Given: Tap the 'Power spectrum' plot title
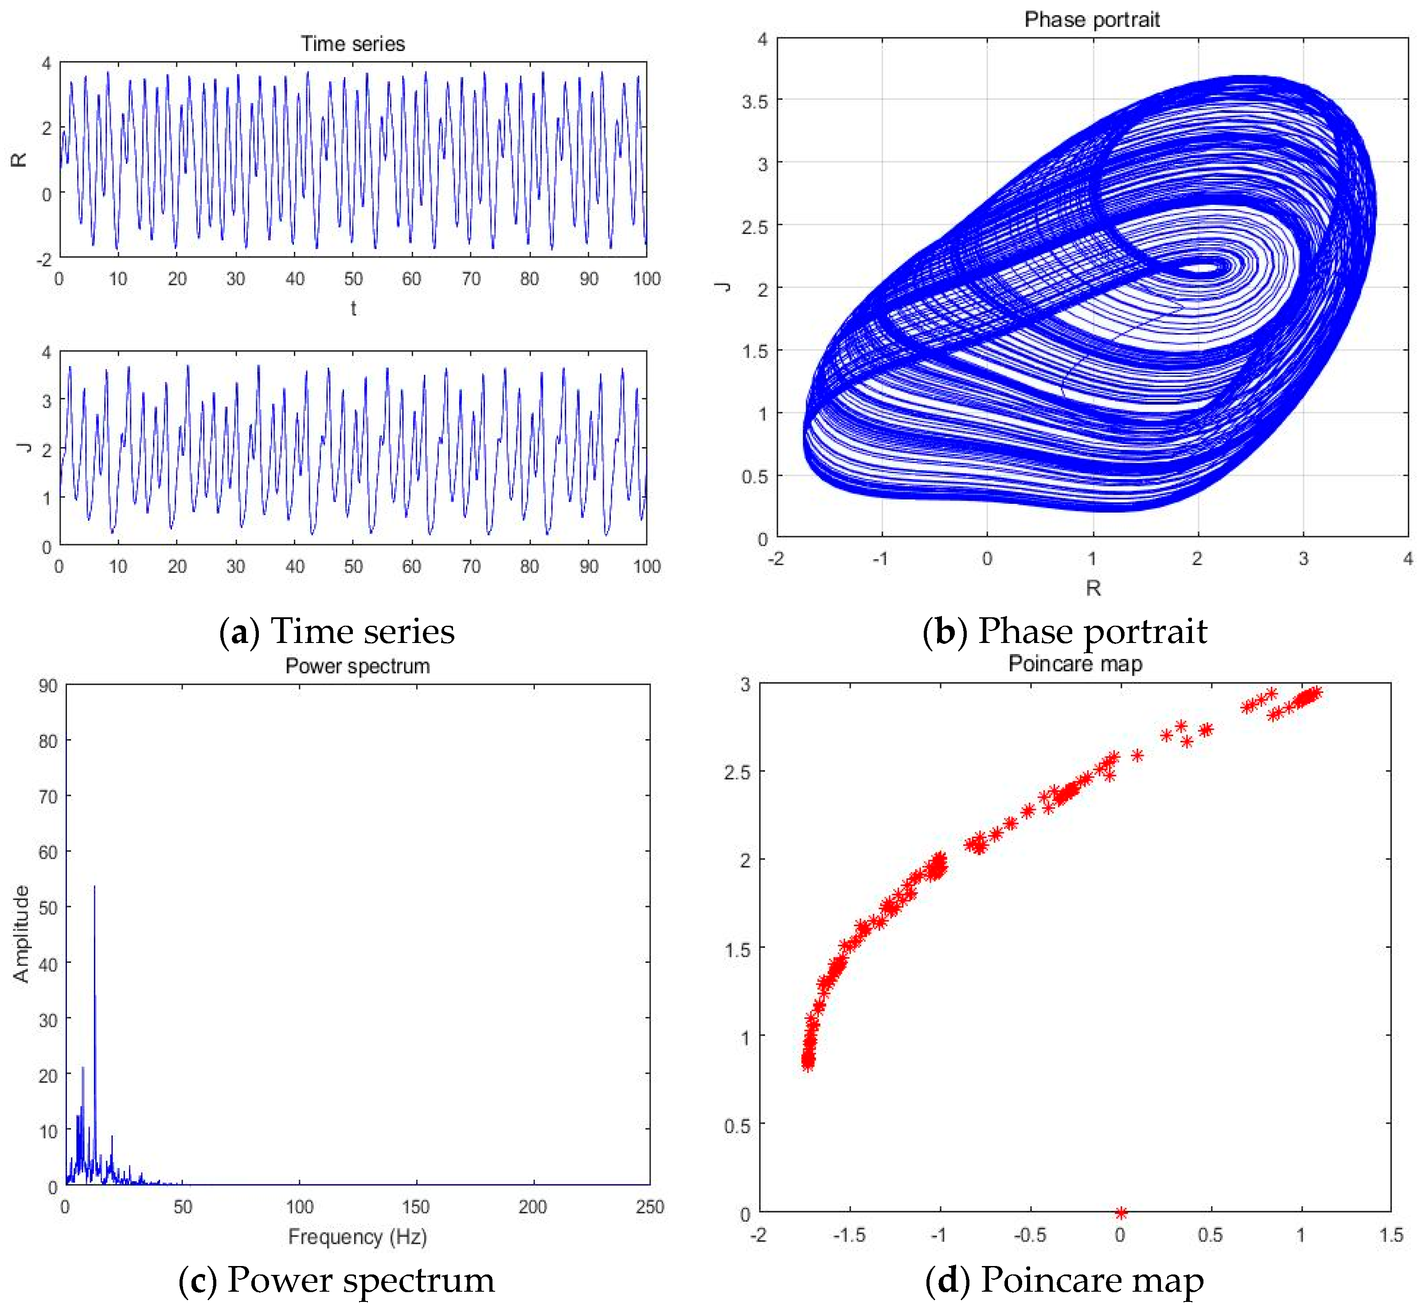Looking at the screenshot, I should (x=357, y=666).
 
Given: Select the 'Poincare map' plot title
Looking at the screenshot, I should (x=1075, y=664).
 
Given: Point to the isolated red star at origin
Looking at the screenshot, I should (x=1120, y=1213).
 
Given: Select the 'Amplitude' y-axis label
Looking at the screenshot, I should (x=21, y=934).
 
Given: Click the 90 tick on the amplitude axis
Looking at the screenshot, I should (x=48, y=686).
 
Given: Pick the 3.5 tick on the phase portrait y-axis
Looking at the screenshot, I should (x=754, y=102).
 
